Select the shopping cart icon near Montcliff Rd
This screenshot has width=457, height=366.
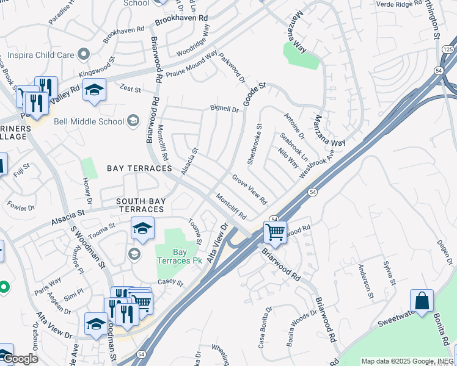click(x=276, y=232)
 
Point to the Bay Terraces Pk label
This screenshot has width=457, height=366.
click(x=179, y=256)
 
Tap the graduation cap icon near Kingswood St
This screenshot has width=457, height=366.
click(x=94, y=90)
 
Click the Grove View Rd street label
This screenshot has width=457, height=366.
click(x=249, y=189)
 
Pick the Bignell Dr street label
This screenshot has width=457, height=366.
click(x=224, y=110)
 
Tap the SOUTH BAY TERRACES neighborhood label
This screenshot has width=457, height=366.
click(x=141, y=205)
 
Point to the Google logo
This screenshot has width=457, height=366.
click(x=20, y=359)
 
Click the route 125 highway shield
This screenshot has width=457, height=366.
click(x=448, y=49)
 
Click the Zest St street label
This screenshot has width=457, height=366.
click(x=130, y=89)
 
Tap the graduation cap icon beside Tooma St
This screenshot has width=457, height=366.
click(x=142, y=229)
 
